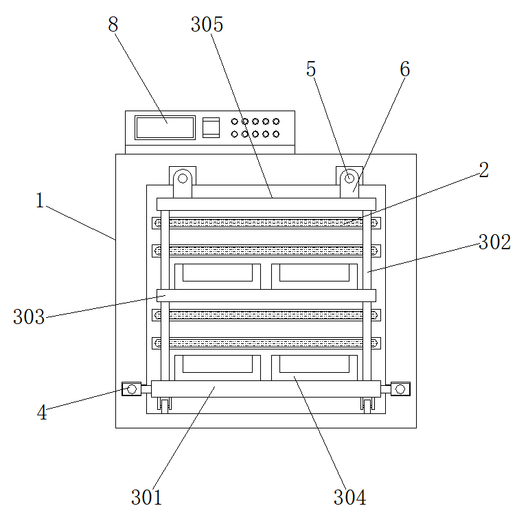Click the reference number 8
(x=113, y=24)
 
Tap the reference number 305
(x=207, y=25)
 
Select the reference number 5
(x=311, y=69)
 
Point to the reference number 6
(x=404, y=69)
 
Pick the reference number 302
(x=494, y=242)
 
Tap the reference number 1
(x=40, y=201)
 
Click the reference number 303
(x=29, y=317)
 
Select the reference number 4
(x=42, y=413)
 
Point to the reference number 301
(x=146, y=496)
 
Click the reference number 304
(x=349, y=496)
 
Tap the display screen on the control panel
(x=165, y=128)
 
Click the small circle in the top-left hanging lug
(x=183, y=179)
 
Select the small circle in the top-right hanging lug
(x=349, y=179)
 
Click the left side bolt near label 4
(x=131, y=389)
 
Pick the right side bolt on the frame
(x=401, y=389)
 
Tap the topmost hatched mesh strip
(x=266, y=223)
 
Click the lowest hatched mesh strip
(x=266, y=342)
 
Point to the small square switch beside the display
(x=211, y=128)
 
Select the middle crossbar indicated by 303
(x=266, y=295)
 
